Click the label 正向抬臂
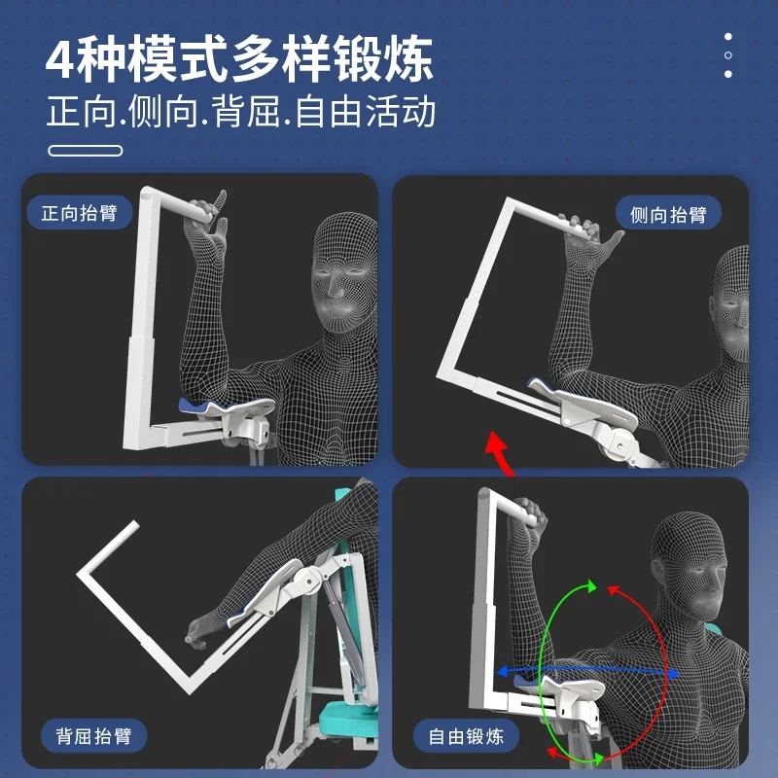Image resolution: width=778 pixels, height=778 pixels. (80, 212)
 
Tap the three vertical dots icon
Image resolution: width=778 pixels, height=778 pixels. (727, 55)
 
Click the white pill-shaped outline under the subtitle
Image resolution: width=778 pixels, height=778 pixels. (85, 151)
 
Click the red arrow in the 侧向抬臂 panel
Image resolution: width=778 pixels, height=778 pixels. (499, 451)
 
